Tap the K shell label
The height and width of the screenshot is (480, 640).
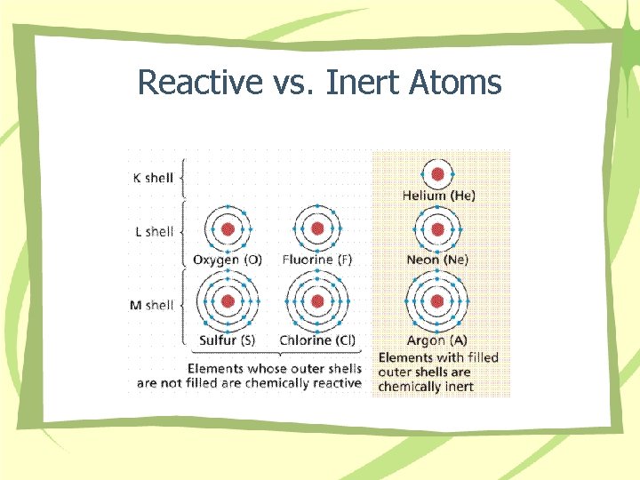point(152,178)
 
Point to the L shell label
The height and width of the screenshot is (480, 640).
point(152,231)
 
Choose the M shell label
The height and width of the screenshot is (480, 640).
point(152,305)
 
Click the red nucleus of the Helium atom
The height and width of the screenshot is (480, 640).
point(436,173)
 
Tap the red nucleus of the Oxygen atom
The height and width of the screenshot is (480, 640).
point(228,229)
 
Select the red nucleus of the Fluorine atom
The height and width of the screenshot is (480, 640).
point(316,229)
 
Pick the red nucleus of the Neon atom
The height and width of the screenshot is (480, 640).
point(436,229)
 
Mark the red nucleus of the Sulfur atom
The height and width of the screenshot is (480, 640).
point(228,302)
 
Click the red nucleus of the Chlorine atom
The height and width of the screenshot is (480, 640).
point(316,302)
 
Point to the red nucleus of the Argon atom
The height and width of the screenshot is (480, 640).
point(436,302)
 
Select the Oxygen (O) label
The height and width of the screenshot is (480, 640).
point(228,260)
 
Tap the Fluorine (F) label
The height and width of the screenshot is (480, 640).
point(317,260)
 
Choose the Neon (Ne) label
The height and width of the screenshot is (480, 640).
point(436,260)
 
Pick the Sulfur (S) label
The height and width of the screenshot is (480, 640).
point(228,340)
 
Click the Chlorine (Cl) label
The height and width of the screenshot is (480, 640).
point(317,340)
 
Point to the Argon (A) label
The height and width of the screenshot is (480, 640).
point(436,340)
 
